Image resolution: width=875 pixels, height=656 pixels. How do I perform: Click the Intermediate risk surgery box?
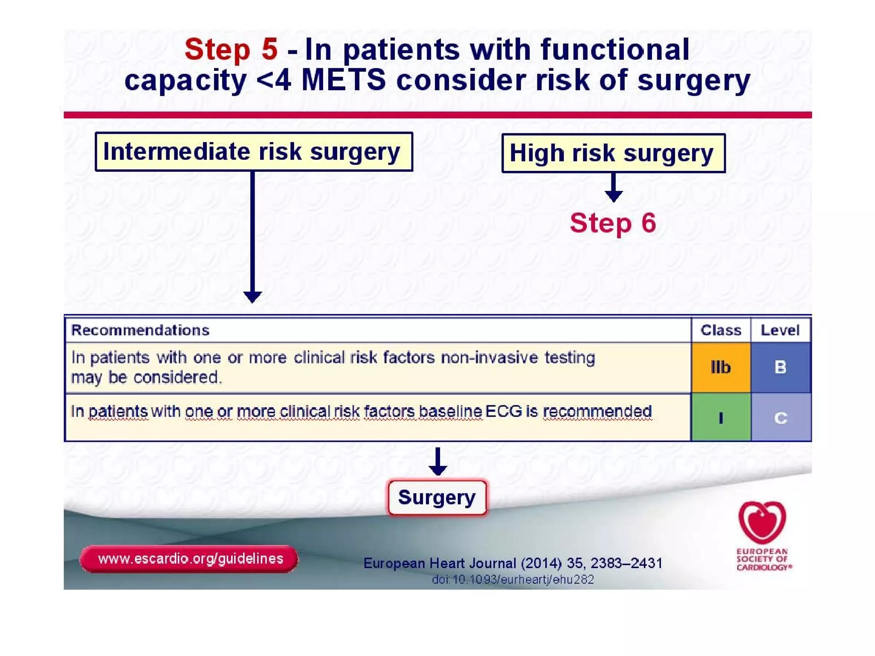[254, 152]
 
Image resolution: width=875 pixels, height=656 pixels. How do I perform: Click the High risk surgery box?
[613, 153]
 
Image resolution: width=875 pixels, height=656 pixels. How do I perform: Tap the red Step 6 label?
[613, 223]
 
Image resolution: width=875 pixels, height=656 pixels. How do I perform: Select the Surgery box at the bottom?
[437, 498]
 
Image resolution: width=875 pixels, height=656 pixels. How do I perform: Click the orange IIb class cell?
[720, 367]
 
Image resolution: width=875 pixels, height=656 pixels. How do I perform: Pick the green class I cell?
[720, 417]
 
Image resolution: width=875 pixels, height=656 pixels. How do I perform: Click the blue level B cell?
[780, 367]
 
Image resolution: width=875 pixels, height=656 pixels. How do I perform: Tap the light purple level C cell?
[780, 417]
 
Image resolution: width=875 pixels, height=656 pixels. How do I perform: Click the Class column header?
[720, 330]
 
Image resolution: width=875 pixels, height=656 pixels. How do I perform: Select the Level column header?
[780, 330]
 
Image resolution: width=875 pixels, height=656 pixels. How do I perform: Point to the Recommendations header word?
[140, 330]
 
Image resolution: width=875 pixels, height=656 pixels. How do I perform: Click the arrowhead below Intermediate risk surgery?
[253, 296]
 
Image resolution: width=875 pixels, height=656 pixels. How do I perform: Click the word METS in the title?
[344, 80]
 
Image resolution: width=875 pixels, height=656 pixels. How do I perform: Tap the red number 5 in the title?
[270, 49]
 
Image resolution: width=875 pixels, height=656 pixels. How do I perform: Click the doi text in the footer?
[513, 580]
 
